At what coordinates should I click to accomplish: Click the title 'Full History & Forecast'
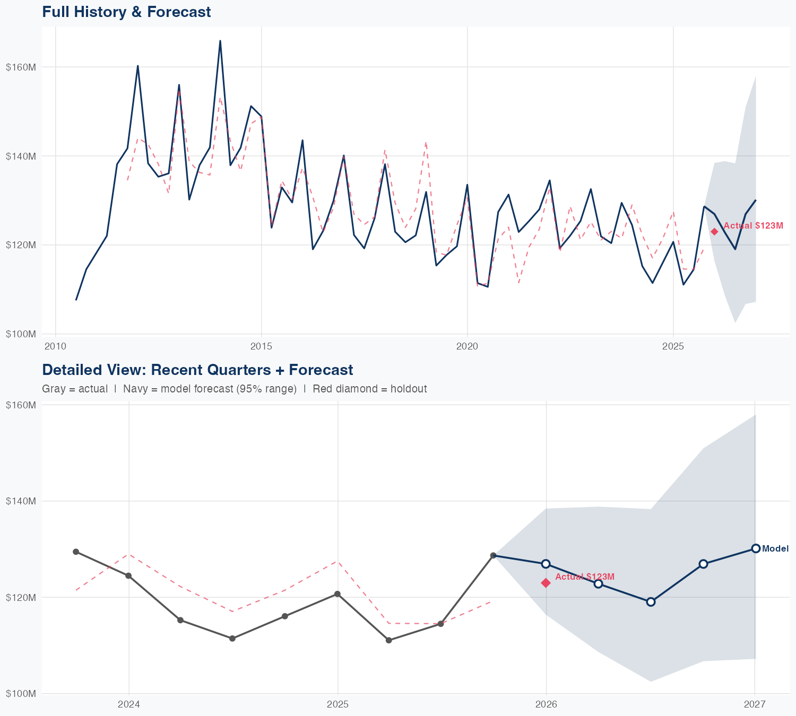click(126, 12)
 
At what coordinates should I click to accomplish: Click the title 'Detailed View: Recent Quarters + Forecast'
click(197, 370)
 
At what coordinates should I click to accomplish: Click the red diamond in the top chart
click(714, 231)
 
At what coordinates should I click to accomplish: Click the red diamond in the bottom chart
click(546, 583)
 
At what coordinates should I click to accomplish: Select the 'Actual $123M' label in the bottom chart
click(585, 577)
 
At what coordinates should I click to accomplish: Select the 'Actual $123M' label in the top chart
click(753, 226)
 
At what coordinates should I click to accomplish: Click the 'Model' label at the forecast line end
click(775, 549)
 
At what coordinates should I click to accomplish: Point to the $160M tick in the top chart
click(21, 67)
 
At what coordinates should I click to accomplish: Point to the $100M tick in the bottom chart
click(21, 693)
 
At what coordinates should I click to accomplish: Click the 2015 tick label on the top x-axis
click(261, 347)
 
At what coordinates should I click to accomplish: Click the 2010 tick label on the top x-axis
click(55, 347)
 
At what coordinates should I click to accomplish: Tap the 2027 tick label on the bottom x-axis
click(755, 705)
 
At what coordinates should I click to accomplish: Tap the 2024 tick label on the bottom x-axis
click(128, 705)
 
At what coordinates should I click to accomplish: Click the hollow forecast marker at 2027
click(756, 548)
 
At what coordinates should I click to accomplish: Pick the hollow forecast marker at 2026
click(546, 563)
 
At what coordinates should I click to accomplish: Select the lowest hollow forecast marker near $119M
click(651, 601)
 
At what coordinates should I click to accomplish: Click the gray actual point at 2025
click(337, 594)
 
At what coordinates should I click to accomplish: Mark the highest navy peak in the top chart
click(220, 41)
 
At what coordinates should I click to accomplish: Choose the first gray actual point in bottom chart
click(76, 552)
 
